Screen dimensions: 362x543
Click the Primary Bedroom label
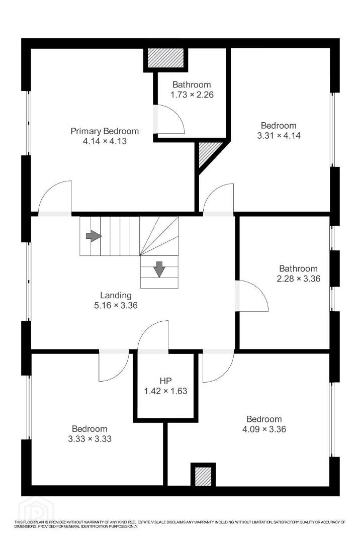point(105,131)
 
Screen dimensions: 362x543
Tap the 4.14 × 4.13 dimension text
point(105,141)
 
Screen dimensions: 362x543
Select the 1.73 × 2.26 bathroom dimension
point(192,94)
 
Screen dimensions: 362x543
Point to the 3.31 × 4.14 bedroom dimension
point(279,135)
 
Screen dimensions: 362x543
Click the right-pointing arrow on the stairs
point(94,236)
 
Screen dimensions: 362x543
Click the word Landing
point(116,296)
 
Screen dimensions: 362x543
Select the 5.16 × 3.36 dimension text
point(116,305)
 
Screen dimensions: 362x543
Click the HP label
point(166,381)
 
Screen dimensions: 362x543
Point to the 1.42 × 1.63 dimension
point(165,391)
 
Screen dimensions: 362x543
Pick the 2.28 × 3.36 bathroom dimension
point(298,278)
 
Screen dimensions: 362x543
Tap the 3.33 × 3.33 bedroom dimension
point(89,439)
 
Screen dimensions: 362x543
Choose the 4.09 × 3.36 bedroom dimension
point(264,429)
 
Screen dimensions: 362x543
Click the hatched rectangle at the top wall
point(165,58)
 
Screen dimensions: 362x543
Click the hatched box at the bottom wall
point(203,476)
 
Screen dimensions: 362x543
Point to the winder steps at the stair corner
point(159,236)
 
